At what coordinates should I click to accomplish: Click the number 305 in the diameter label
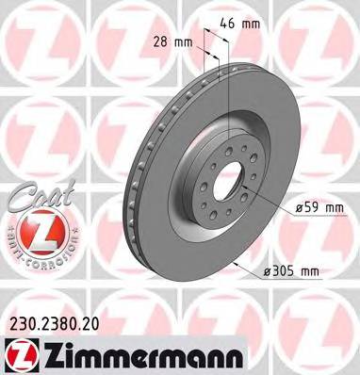click(x=286, y=271)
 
